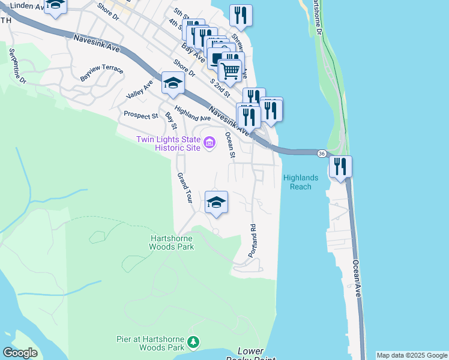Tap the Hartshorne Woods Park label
172,242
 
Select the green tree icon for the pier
193,342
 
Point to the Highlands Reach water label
297,182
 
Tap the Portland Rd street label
253,238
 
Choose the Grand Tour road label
184,188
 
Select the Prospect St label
140,115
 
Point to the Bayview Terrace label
101,74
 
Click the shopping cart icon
230,71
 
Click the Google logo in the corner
20,353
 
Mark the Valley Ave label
139,90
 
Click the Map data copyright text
412,355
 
